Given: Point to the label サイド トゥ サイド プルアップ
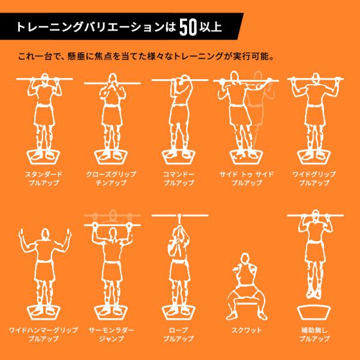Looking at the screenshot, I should pyautogui.click(x=246, y=177).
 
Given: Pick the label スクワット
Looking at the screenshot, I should pyautogui.click(x=246, y=330).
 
